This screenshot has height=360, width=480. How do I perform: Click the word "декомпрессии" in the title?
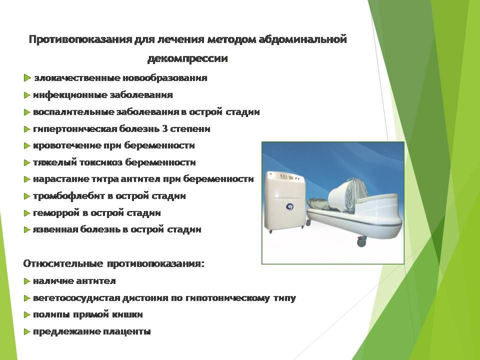click(x=187, y=58)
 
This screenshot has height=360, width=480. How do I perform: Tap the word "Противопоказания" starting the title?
click(x=80, y=39)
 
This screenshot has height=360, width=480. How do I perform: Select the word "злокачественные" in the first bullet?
click(x=77, y=78)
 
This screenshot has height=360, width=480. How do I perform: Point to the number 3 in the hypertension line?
click(x=164, y=128)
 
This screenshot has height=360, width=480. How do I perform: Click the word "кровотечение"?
click(x=66, y=145)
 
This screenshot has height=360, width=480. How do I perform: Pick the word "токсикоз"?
click(x=101, y=162)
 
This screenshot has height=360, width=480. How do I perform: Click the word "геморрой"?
click(x=56, y=213)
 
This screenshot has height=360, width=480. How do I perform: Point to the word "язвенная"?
click(x=55, y=229)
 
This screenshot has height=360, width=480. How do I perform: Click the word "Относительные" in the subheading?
click(x=63, y=263)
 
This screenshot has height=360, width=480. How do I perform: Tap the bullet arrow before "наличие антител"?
click(x=27, y=281)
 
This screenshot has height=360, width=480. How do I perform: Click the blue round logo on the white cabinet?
click(x=289, y=207)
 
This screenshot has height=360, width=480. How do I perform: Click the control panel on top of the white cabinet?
click(x=285, y=177)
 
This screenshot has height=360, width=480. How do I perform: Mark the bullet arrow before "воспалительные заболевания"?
click(x=27, y=112)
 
